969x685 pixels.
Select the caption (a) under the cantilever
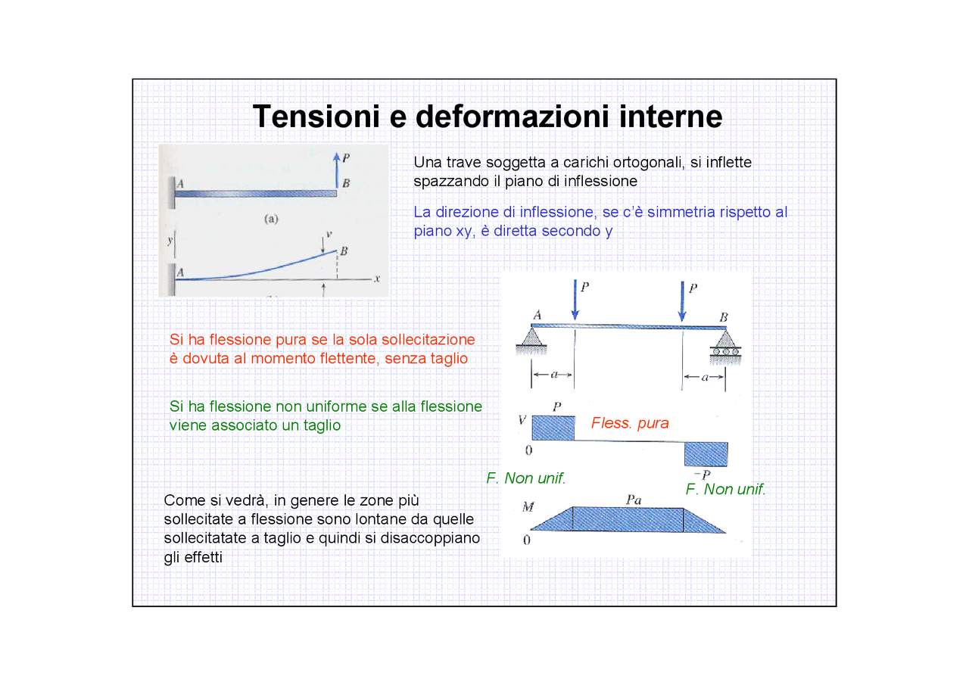(271, 220)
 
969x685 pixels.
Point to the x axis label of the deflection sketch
(376, 278)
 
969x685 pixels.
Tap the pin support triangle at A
(532, 338)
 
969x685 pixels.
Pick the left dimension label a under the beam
(553, 375)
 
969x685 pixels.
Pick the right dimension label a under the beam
(704, 377)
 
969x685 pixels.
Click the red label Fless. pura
(630, 423)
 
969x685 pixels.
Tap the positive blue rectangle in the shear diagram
(553, 428)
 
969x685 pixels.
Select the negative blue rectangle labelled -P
(706, 454)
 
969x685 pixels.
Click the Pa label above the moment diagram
(634, 500)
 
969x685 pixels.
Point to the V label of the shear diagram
(522, 421)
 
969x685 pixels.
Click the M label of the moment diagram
(528, 506)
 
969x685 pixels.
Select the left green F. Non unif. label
(526, 478)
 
